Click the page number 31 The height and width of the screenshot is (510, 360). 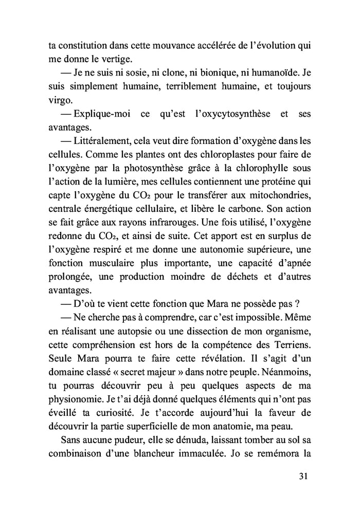tap(302, 476)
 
